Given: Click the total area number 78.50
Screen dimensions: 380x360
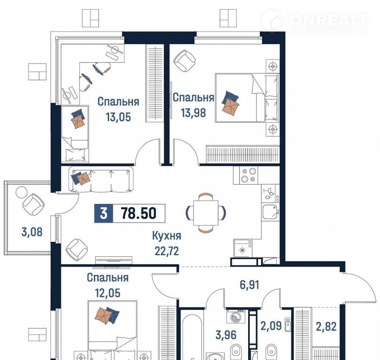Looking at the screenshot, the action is [x=139, y=214].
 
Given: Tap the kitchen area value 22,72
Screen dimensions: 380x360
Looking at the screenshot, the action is [x=167, y=251].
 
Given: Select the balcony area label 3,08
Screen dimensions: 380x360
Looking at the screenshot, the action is [x=32, y=232].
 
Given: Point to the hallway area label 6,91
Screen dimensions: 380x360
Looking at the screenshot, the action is [x=249, y=285].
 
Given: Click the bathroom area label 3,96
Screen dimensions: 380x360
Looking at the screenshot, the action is [x=226, y=335].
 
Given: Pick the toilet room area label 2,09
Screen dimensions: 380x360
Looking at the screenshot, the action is [x=271, y=326].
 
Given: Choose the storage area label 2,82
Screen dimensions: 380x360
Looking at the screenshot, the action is [x=326, y=327].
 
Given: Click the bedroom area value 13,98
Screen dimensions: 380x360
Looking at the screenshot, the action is [x=194, y=113].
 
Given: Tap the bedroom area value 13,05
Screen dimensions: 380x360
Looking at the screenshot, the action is [x=118, y=117].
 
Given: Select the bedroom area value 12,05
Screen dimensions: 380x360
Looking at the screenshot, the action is [x=108, y=293].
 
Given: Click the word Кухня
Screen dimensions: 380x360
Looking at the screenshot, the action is [x=167, y=236].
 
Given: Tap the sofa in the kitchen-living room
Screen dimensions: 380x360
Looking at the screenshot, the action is [x=101, y=179].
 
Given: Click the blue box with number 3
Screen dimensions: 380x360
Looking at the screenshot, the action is [x=103, y=214].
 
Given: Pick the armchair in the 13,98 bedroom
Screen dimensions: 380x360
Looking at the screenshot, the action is [x=185, y=61].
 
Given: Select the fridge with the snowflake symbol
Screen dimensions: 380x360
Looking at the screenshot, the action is [x=243, y=248].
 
